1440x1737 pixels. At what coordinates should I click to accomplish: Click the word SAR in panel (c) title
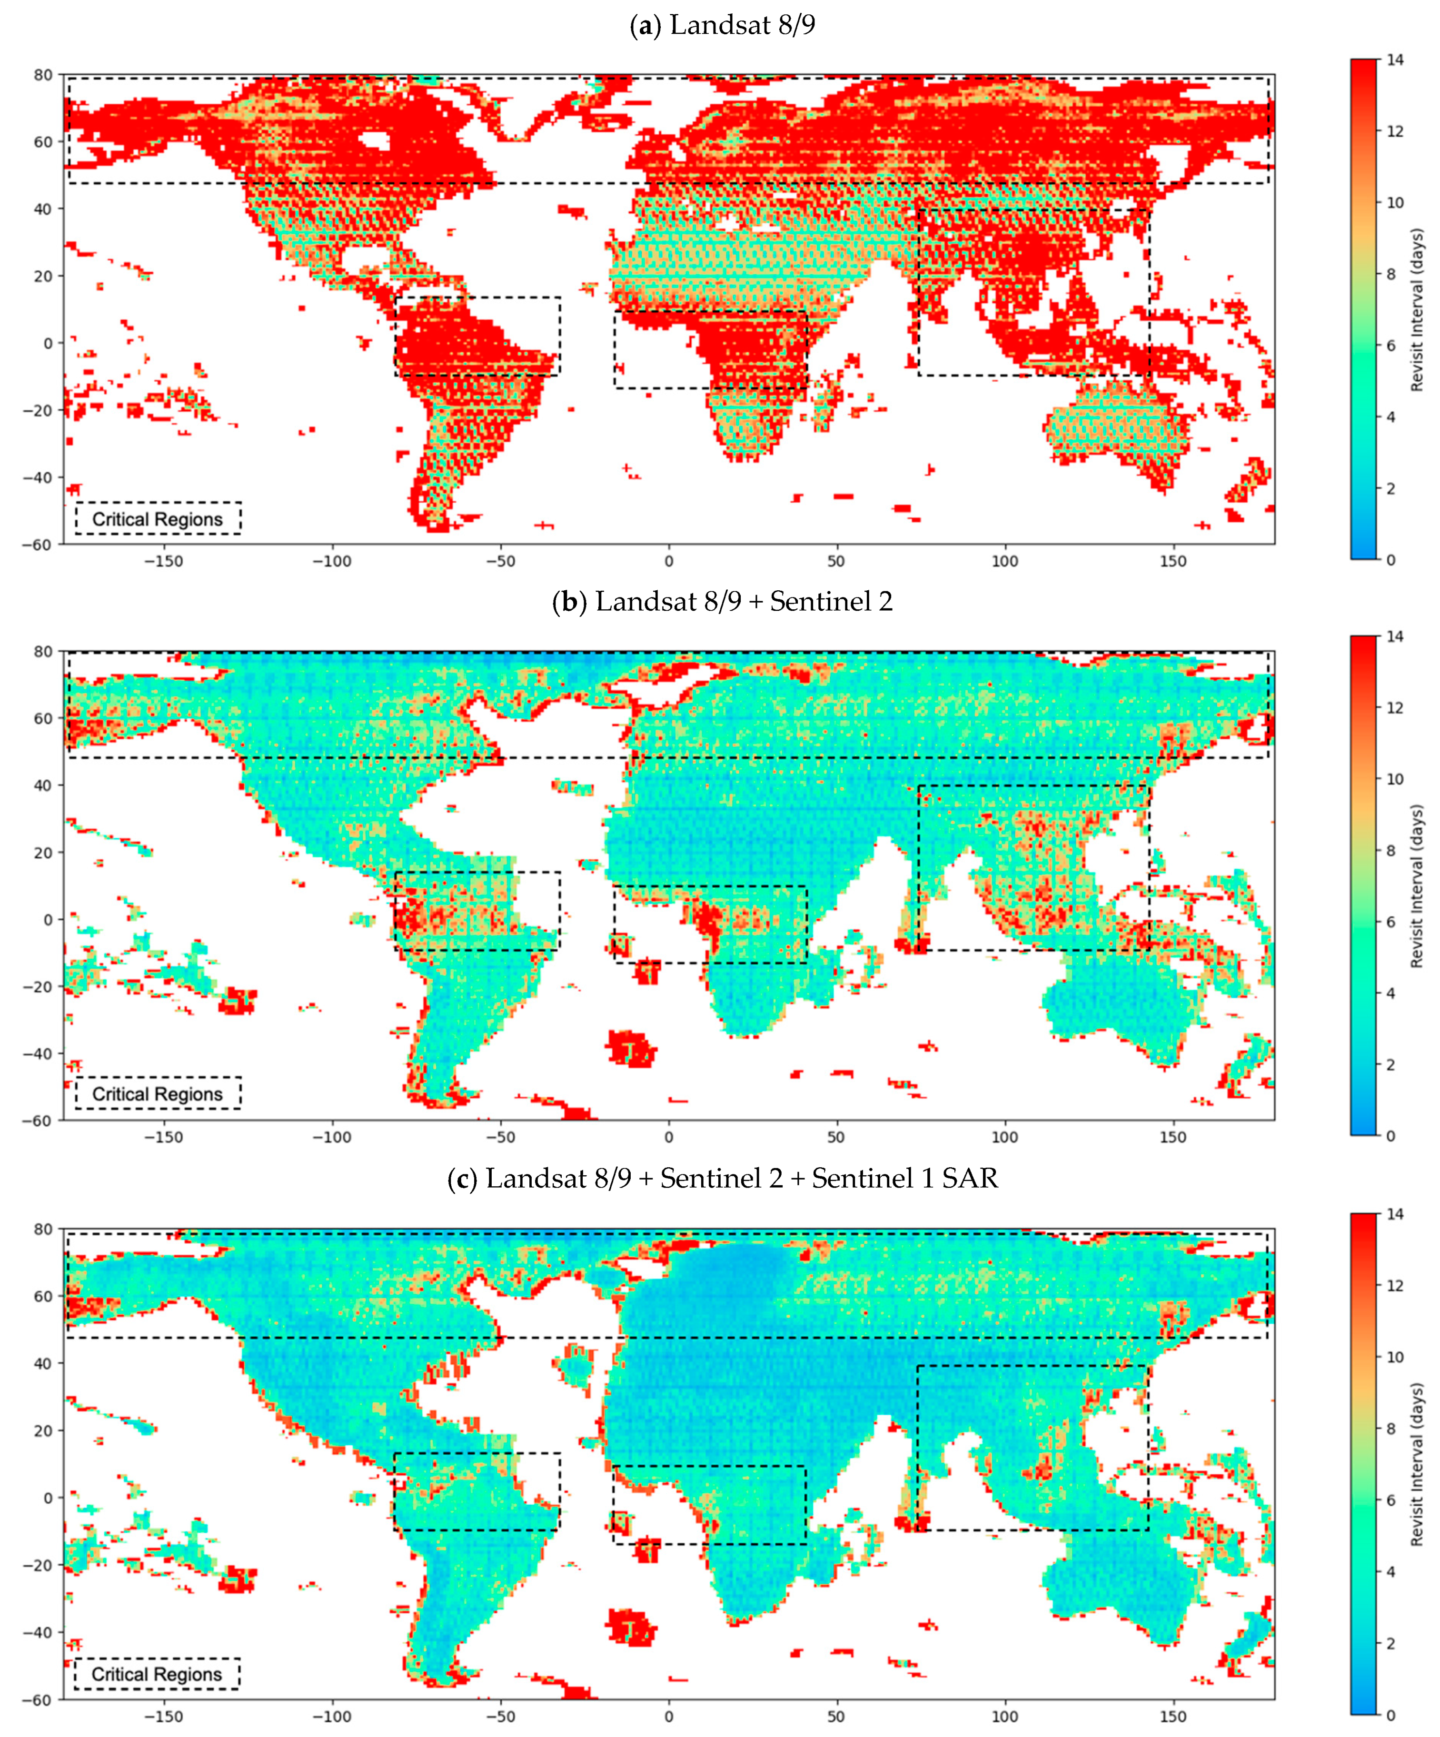tap(969, 1179)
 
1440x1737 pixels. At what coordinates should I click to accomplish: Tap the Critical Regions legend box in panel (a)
tap(157, 518)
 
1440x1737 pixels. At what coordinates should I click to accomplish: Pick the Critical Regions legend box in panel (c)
tap(157, 1674)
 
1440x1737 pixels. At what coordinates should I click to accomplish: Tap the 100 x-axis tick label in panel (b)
tap(1005, 1137)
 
